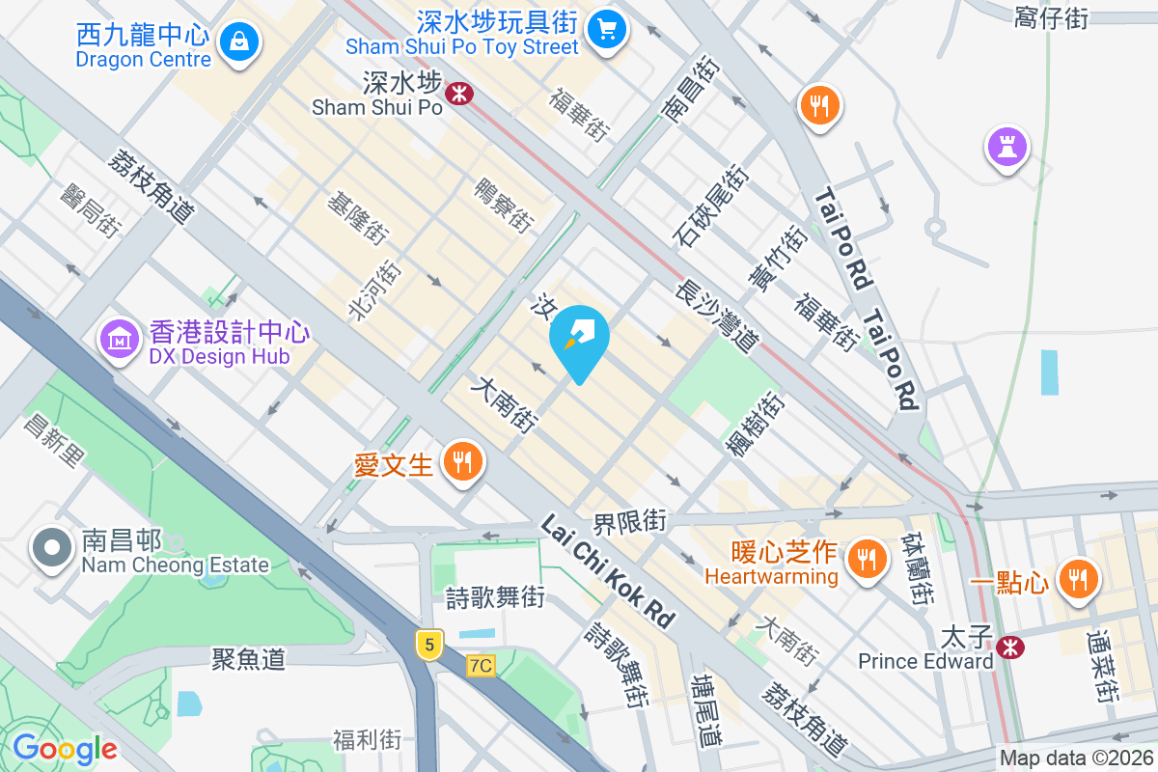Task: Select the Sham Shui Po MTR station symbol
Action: coord(458,93)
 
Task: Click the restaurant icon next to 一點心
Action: coord(1077,579)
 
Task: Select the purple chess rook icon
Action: coord(1006,147)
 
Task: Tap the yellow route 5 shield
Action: coord(427,644)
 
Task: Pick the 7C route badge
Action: coord(481,666)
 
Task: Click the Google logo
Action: coord(65,749)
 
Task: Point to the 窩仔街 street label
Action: coord(1051,17)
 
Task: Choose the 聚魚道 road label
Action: coord(249,659)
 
